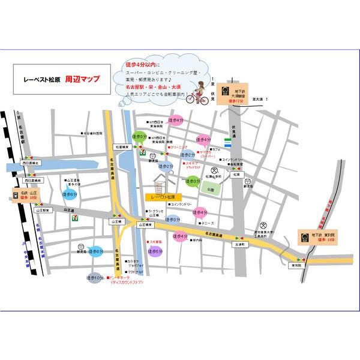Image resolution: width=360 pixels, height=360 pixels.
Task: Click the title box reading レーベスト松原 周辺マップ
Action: point(63,79)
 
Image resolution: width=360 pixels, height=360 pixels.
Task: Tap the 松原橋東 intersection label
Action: point(122,146)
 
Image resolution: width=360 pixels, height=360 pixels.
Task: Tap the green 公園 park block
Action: point(209,188)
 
